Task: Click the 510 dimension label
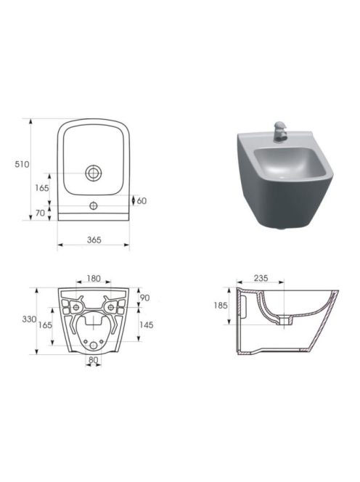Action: [x=22, y=165]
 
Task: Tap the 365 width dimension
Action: [x=94, y=240]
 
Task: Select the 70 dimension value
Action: [x=40, y=213]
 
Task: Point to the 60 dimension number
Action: [x=142, y=201]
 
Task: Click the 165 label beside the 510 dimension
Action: [x=42, y=188]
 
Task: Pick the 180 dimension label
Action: [x=94, y=279]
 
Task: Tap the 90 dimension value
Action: [x=145, y=298]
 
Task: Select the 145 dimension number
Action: [x=146, y=325]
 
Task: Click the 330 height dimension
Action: [x=29, y=319]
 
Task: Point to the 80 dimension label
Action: [x=93, y=360]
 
